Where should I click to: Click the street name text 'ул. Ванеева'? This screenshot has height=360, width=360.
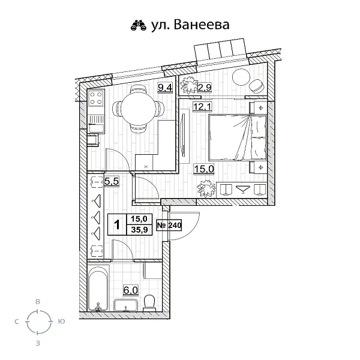click(x=188, y=25)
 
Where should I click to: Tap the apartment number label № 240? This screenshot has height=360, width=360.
click(x=169, y=226)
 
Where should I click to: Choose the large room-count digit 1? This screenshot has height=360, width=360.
click(x=117, y=225)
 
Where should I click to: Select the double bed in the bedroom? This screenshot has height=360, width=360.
click(x=237, y=137)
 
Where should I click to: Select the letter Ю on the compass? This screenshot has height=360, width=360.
click(x=62, y=322)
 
